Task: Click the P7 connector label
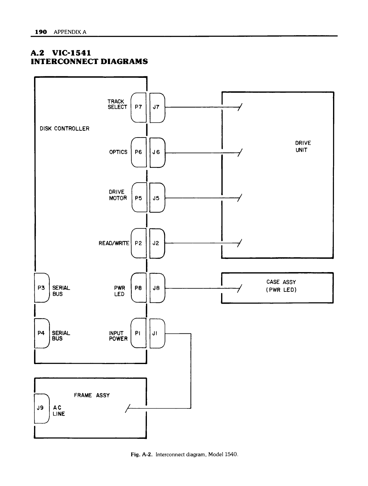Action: [x=138, y=107]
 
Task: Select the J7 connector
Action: [x=156, y=107]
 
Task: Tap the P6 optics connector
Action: [x=138, y=152]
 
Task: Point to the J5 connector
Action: [x=156, y=198]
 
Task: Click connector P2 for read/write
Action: [x=138, y=243]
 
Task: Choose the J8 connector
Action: [x=156, y=288]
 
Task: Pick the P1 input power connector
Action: [x=138, y=333]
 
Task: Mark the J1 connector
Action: [x=155, y=333]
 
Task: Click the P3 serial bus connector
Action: [x=41, y=288]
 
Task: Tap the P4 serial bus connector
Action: [x=41, y=333]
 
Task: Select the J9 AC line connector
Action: [x=40, y=408]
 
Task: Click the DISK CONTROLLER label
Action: [x=65, y=129]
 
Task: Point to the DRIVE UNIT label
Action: [x=303, y=146]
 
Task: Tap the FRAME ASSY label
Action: [x=92, y=395]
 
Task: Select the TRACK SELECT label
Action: [x=117, y=104]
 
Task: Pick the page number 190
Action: [x=41, y=32]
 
